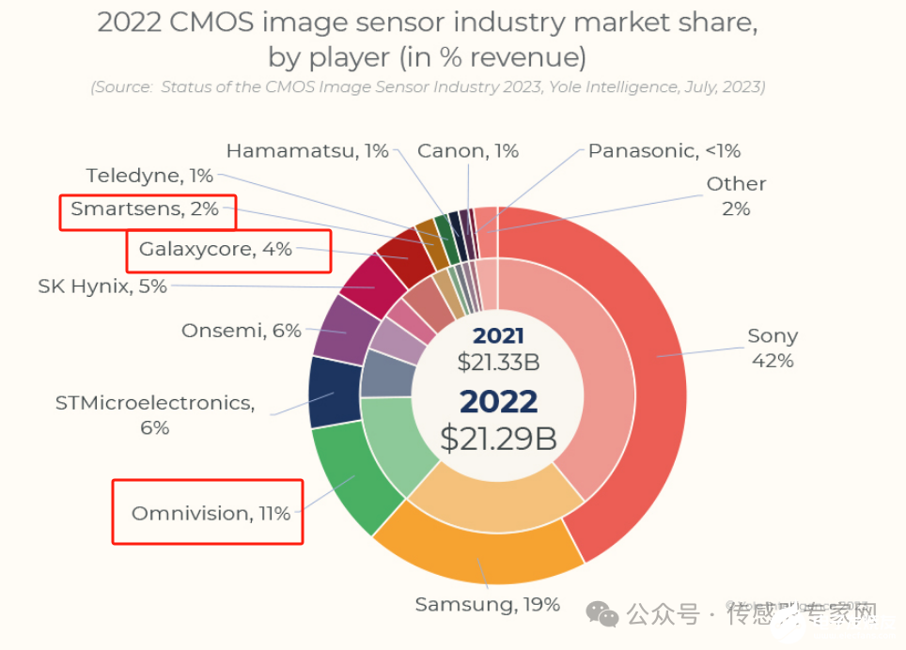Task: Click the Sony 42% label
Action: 772,348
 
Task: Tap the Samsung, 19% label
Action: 487,604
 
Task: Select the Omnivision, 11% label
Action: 211,514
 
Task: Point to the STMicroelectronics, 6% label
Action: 155,414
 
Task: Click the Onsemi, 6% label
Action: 241,331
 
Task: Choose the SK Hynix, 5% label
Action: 102,286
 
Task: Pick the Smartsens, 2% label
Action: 145,209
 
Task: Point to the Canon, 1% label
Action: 467,150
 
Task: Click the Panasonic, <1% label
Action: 664,150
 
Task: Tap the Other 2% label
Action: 736,195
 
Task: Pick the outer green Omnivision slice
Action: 343,479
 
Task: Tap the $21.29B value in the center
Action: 498,438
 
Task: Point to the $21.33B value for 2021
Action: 498,362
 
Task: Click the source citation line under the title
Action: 428,87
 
